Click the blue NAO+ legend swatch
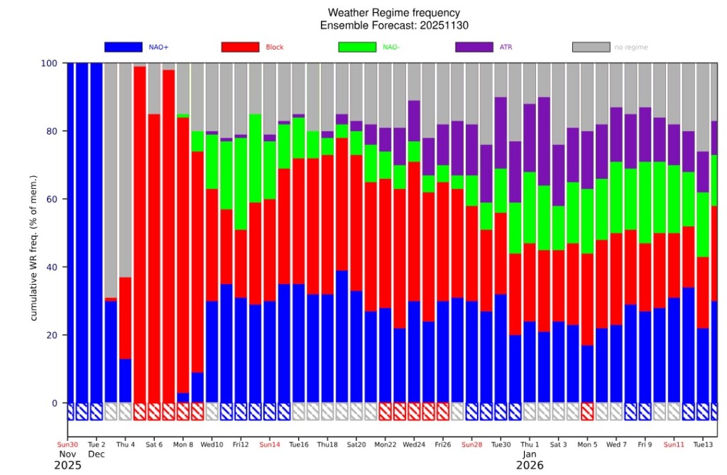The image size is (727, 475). click(123, 47)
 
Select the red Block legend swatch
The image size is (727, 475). click(240, 47)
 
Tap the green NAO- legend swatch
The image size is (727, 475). click(357, 47)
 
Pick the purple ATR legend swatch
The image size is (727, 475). click(474, 47)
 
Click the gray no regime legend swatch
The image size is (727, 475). click(591, 47)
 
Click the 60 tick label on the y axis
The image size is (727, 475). click(50, 200)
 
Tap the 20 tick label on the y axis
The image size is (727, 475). click(50, 336)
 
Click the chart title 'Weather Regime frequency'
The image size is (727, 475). click(393, 13)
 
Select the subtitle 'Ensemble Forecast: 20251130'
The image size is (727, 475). click(393, 25)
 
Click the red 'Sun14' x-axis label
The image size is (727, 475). click(270, 444)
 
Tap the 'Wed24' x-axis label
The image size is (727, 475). click(414, 444)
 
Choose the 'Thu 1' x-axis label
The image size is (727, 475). click(530, 444)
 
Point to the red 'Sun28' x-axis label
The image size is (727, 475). click(472, 444)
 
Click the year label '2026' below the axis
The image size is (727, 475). click(530, 466)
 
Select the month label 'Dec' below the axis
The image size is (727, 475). click(97, 454)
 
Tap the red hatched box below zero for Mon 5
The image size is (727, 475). click(587, 412)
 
